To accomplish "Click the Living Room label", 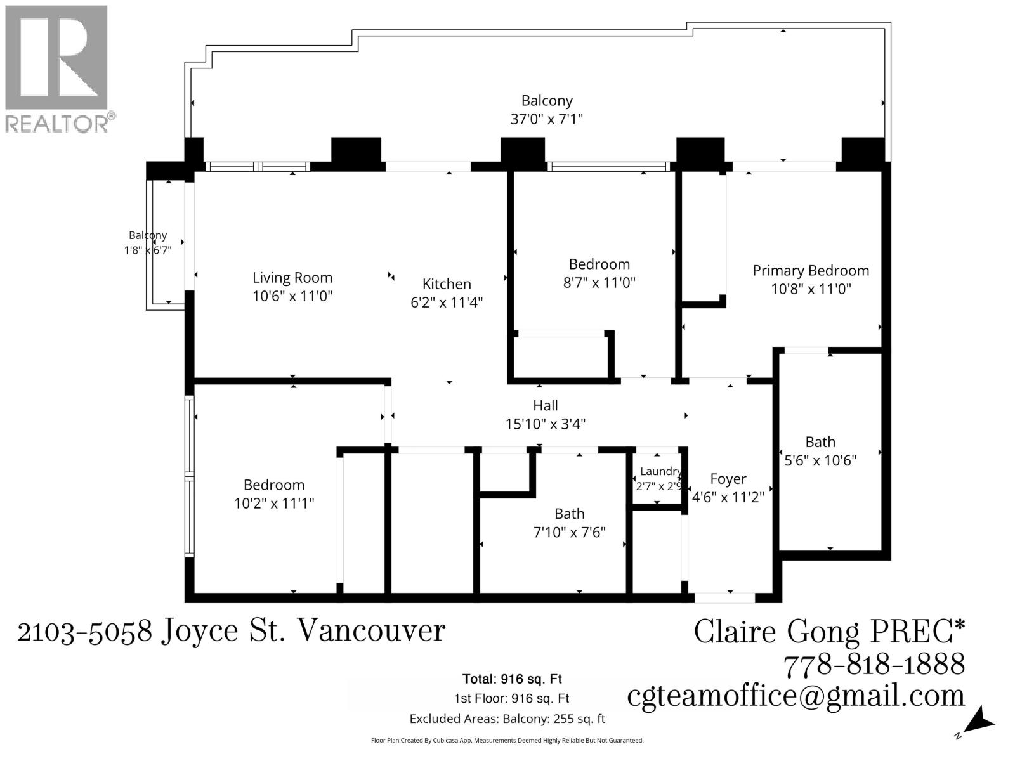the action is (x=292, y=278).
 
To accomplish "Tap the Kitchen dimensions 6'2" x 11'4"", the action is (x=447, y=302).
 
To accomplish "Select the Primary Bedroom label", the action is (x=811, y=271).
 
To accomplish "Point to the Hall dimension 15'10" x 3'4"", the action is (x=545, y=424).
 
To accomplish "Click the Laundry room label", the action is (x=661, y=471).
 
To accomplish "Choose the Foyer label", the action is (x=728, y=479).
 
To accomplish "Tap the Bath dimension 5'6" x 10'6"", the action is (x=820, y=460).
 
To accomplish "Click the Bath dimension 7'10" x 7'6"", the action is (x=569, y=532).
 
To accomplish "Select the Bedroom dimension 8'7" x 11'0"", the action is (x=599, y=282).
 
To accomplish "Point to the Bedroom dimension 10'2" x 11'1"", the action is (x=274, y=503).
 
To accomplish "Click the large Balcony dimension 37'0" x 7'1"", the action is (x=547, y=119).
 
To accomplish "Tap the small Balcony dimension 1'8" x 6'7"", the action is (x=148, y=250).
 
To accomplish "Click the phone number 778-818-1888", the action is (x=874, y=665).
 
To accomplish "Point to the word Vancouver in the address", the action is (x=370, y=630).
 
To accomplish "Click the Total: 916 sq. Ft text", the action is (x=512, y=679).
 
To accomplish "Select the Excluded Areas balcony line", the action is (x=507, y=719).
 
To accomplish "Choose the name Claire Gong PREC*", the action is (x=830, y=631).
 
